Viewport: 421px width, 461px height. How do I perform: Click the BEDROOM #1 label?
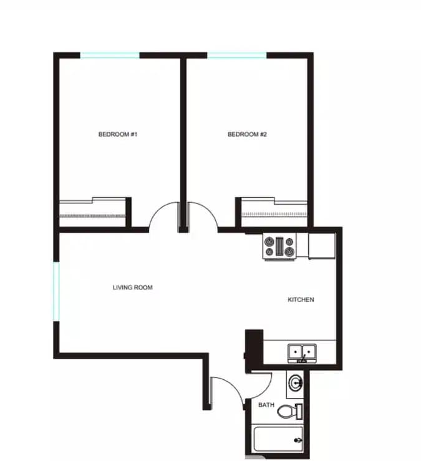click(117, 134)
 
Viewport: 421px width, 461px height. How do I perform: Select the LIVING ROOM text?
click(132, 288)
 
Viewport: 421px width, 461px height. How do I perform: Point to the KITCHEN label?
click(301, 300)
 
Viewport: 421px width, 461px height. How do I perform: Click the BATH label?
click(266, 405)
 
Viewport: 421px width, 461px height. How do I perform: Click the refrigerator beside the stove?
click(322, 246)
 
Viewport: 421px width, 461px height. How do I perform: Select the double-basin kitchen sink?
click(302, 352)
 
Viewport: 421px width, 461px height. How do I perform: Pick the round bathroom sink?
click(296, 382)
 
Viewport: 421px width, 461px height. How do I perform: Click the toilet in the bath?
click(287, 412)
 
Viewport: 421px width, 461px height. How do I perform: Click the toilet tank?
click(299, 412)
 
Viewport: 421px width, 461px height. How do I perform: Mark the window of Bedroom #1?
click(110, 56)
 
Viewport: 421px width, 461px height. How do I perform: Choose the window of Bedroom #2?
click(237, 56)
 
